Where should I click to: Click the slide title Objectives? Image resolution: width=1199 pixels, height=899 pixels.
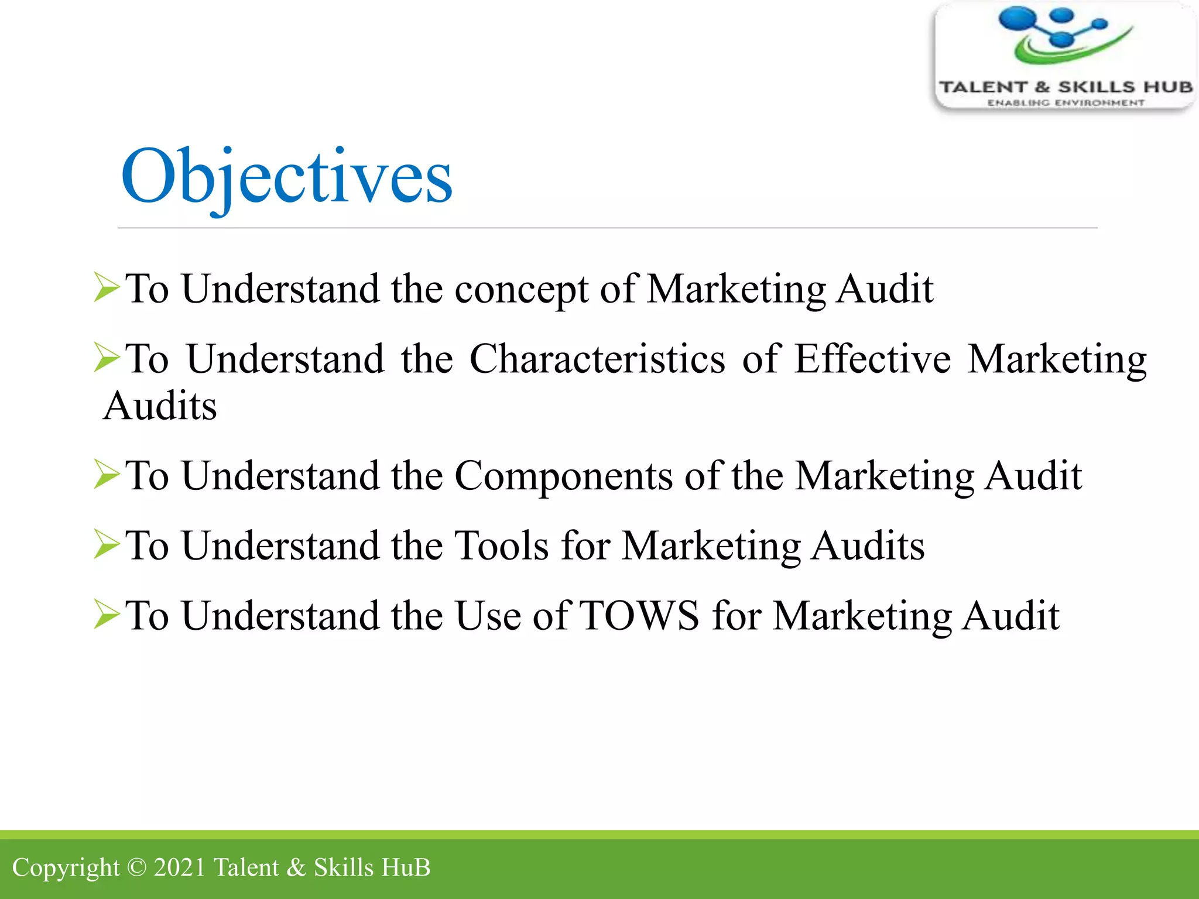[x=286, y=176]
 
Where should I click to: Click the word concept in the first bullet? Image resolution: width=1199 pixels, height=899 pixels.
[x=521, y=289]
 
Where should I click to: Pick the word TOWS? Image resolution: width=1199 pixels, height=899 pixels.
[x=639, y=616]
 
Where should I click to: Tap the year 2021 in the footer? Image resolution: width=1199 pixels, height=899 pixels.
[x=179, y=867]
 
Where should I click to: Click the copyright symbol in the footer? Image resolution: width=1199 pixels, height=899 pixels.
[x=136, y=867]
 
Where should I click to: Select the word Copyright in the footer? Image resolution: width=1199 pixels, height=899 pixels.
[x=66, y=868]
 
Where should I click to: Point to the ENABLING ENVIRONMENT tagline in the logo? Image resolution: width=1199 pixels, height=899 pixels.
[x=1066, y=103]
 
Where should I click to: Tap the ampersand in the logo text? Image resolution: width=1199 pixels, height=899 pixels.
[x=1042, y=87]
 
